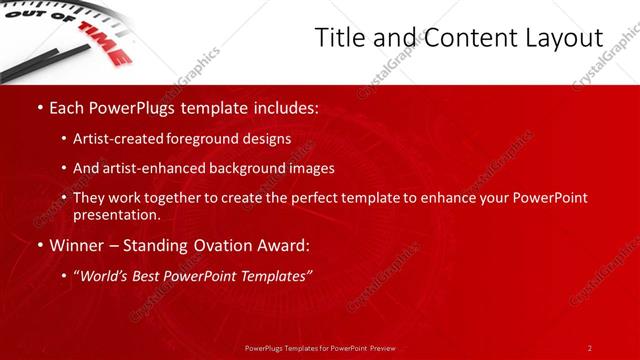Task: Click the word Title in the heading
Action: click(x=338, y=38)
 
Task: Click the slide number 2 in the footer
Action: click(x=590, y=347)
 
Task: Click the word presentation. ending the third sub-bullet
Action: click(x=116, y=214)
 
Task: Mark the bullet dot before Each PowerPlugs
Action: click(x=39, y=106)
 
